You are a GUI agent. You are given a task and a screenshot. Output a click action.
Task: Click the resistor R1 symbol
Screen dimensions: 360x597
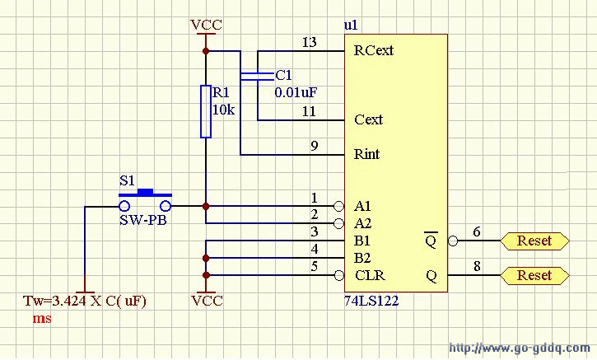pyautogui.click(x=206, y=111)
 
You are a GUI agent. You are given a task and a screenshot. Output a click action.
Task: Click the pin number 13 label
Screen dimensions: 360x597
pyautogui.click(x=309, y=42)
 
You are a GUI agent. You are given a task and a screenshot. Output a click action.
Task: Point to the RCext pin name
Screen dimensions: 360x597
pyautogui.click(x=373, y=51)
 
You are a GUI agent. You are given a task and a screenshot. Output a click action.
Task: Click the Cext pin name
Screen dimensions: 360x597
pyautogui.click(x=368, y=119)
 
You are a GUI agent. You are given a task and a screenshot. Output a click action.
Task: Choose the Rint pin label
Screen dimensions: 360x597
pyautogui.click(x=366, y=154)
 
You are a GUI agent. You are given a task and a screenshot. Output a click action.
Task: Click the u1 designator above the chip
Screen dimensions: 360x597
pyautogui.click(x=351, y=26)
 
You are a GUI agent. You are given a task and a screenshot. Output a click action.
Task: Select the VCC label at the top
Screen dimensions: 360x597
pyautogui.click(x=206, y=25)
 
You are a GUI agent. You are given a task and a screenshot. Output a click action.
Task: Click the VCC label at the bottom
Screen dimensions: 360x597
pyautogui.click(x=206, y=301)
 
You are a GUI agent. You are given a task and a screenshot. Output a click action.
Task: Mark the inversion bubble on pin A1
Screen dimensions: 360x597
pyautogui.click(x=338, y=205)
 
